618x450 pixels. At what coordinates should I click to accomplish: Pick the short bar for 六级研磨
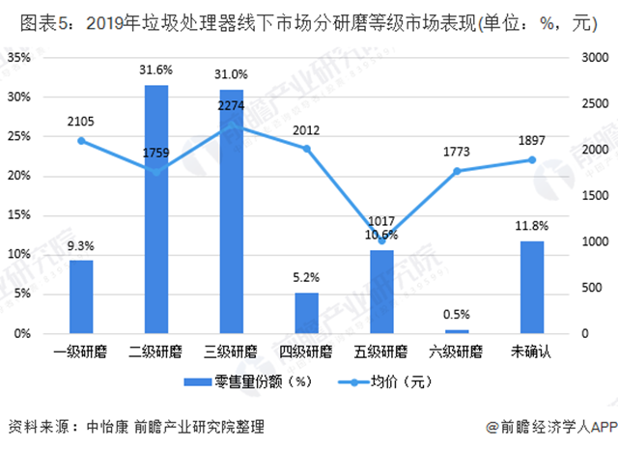pyautogui.click(x=457, y=331)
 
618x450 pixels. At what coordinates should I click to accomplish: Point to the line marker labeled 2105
pyautogui.click(x=81, y=141)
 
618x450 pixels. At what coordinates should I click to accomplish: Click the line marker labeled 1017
pyautogui.click(x=381, y=240)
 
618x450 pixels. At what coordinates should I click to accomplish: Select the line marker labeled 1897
pyautogui.click(x=532, y=159)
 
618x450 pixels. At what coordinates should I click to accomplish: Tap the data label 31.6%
pyautogui.click(x=155, y=70)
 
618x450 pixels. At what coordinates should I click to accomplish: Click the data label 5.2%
pyautogui.click(x=306, y=276)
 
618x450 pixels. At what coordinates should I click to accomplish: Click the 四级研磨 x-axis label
pyautogui.click(x=306, y=350)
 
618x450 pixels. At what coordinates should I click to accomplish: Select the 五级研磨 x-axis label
pyautogui.click(x=381, y=350)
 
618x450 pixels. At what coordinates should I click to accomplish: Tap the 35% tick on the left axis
pyautogui.click(x=19, y=57)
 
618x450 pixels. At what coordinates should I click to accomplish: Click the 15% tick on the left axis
pyautogui.click(x=19, y=214)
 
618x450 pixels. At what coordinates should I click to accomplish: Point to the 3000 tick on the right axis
pyautogui.click(x=594, y=57)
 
